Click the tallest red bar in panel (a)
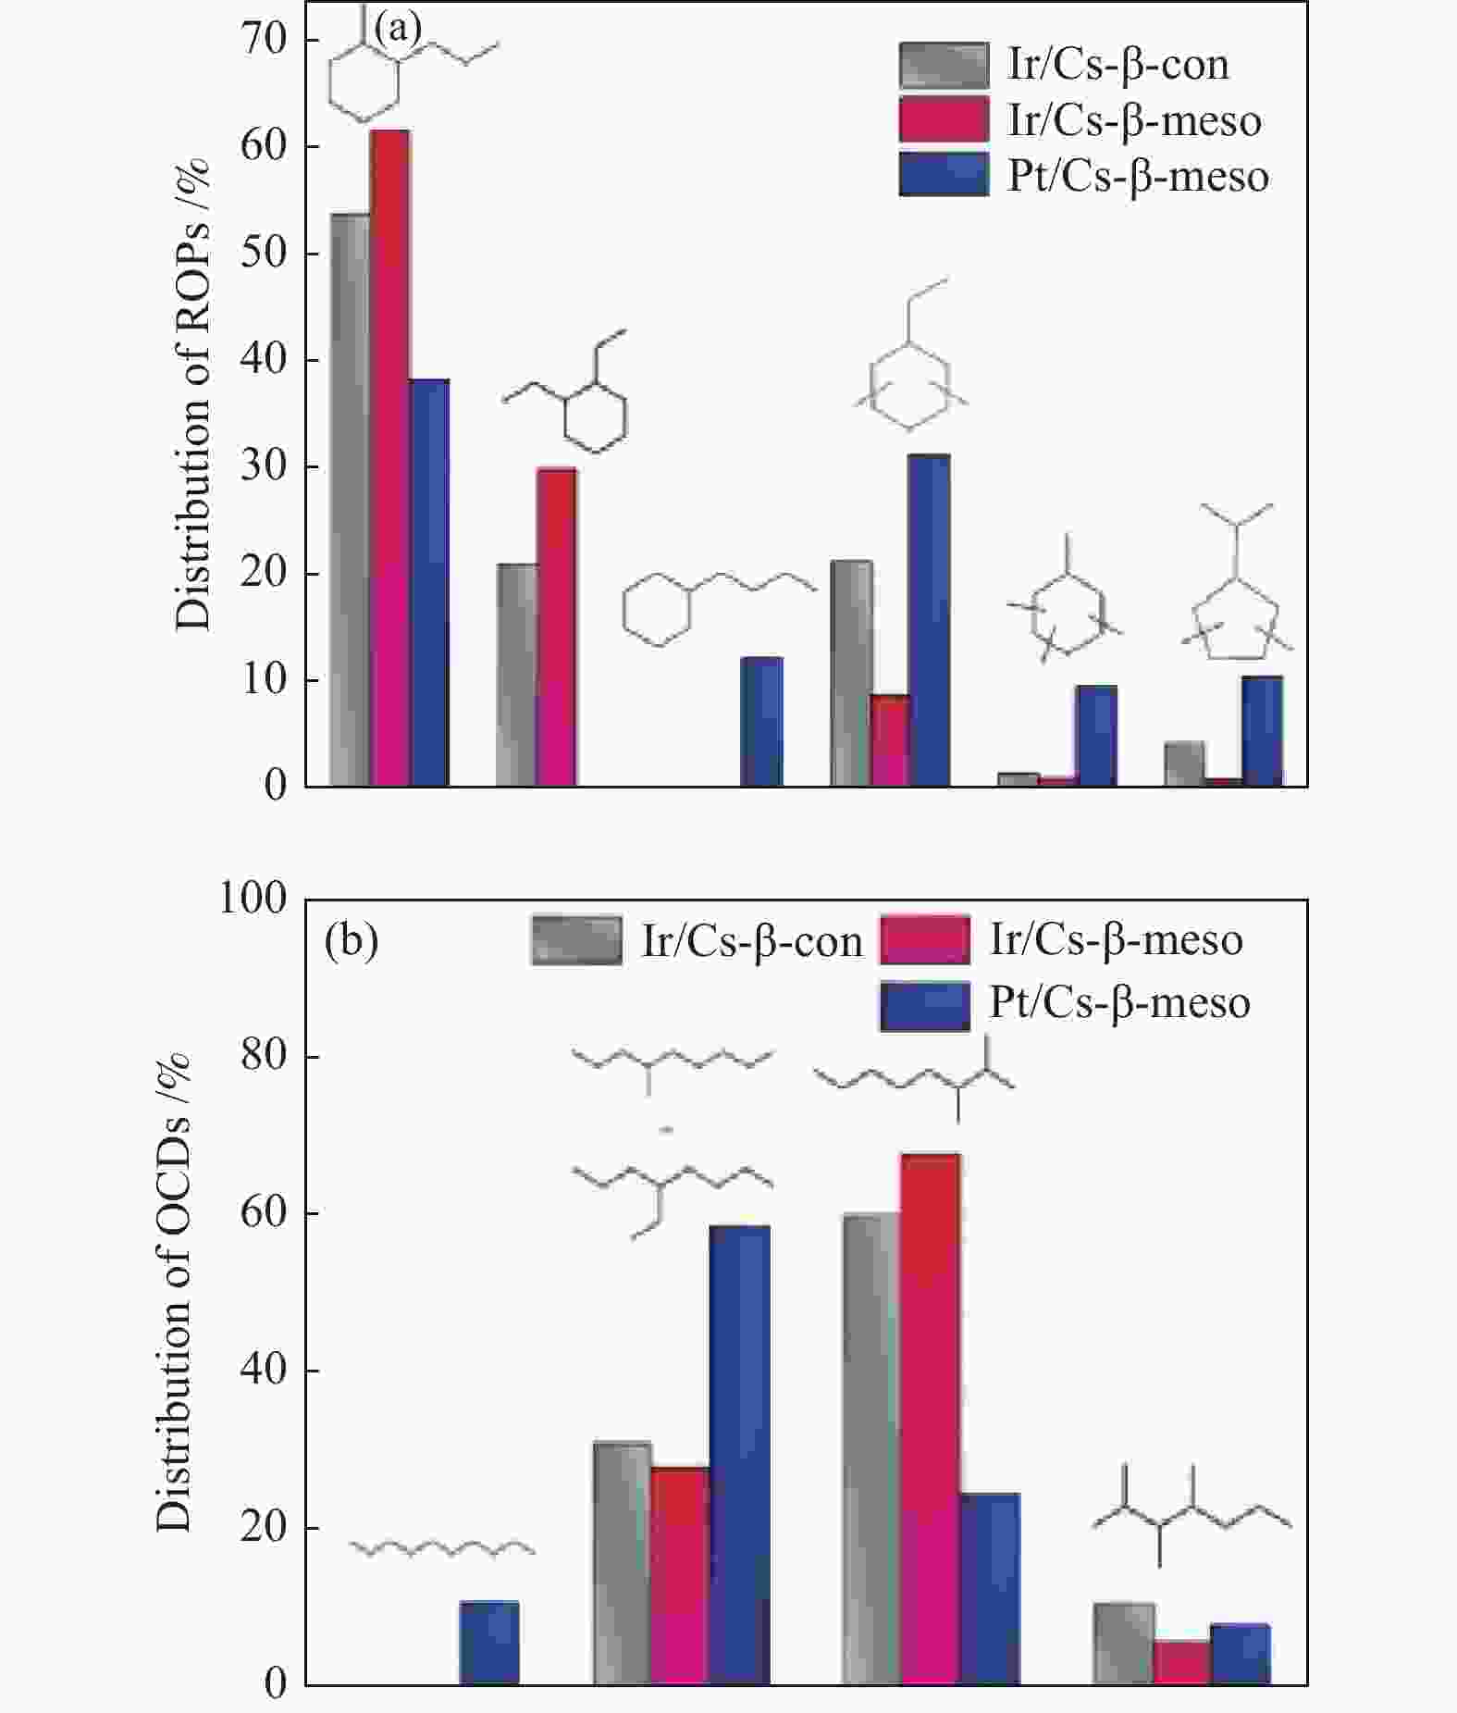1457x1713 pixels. tap(389, 458)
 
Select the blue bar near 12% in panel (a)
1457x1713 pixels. tap(761, 722)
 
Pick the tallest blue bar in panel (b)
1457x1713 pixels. tap(739, 1455)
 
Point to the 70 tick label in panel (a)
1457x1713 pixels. tap(265, 40)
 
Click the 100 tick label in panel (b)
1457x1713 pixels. tap(253, 898)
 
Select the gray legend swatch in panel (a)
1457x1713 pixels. tap(944, 65)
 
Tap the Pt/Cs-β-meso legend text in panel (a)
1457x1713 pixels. tap(1138, 177)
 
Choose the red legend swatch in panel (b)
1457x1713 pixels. tap(925, 940)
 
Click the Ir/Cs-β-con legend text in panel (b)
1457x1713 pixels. tap(751, 942)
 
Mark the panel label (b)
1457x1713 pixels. tap(352, 940)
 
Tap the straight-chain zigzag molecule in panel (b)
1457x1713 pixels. tap(442, 1548)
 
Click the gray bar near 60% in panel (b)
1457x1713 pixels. tap(870, 1448)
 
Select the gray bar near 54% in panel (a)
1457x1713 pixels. tap(350, 500)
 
